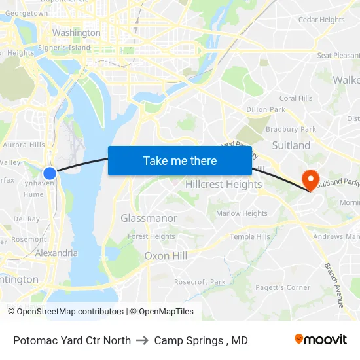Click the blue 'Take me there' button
[x=180, y=160]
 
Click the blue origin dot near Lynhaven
[x=50, y=173]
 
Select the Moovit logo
[x=320, y=340]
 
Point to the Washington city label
[x=77, y=33]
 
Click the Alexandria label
[x=56, y=253]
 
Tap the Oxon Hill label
[x=166, y=256]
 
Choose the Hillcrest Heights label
[x=223, y=185]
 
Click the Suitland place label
[x=291, y=145]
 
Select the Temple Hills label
[x=249, y=237]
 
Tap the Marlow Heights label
[x=242, y=213]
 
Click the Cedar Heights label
[x=321, y=20]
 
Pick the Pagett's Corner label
[x=283, y=287]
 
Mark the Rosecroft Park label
[x=200, y=282]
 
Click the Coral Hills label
[x=296, y=98]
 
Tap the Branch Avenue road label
[x=334, y=285]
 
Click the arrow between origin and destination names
[x=143, y=340]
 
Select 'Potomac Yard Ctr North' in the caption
[x=72, y=340]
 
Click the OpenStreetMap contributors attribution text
[x=65, y=312]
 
